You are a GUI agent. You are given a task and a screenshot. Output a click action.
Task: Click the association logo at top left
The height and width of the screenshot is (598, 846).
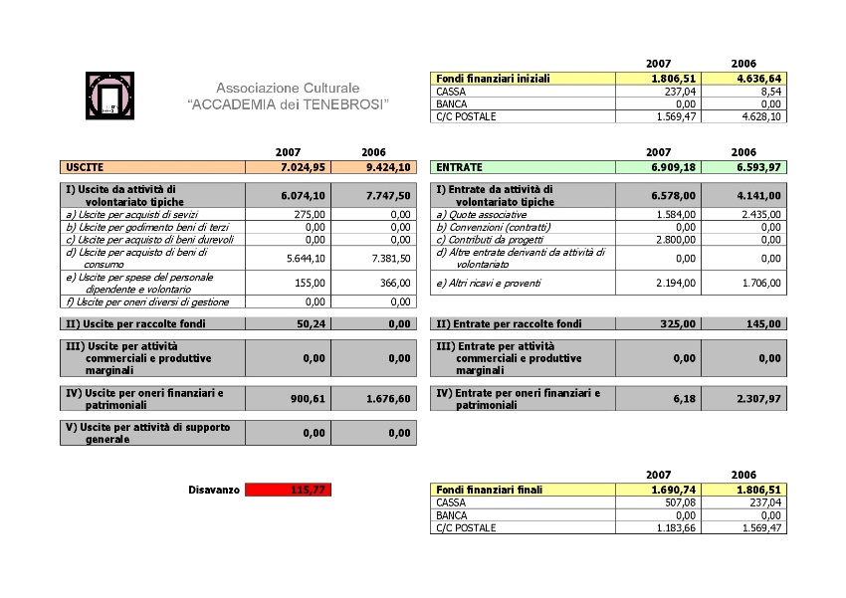[x=110, y=96]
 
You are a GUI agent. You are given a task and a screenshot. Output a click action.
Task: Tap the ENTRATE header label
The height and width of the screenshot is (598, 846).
[x=459, y=168]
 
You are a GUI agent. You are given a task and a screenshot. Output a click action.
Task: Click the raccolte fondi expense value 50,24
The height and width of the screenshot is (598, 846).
[x=314, y=323]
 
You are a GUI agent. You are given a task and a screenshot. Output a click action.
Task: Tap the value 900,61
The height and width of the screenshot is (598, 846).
[x=312, y=399]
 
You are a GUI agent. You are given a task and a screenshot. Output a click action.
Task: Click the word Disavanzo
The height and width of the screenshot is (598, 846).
[x=213, y=490]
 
